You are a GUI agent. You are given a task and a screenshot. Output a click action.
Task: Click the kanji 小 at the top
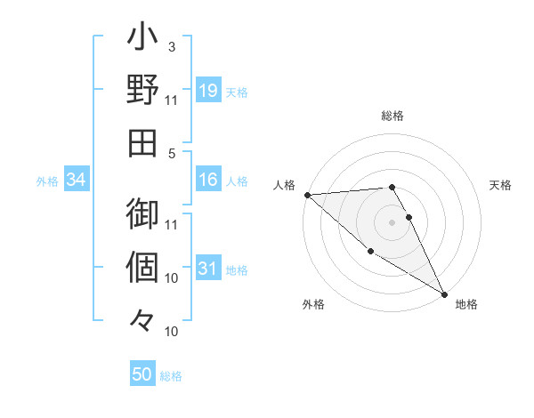click(x=142, y=40)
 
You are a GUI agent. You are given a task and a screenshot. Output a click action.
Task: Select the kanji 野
click(x=142, y=92)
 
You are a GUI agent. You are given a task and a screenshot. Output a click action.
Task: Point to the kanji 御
click(x=142, y=214)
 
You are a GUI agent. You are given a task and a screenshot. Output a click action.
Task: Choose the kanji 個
click(x=142, y=267)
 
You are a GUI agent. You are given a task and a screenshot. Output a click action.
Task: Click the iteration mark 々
click(x=142, y=319)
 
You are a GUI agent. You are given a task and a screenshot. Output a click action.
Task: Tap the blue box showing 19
click(x=207, y=90)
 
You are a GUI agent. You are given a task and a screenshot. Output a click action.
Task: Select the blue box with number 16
click(x=207, y=180)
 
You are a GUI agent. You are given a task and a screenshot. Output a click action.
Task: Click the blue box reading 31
click(x=207, y=269)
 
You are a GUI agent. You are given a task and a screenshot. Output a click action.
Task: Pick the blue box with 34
click(x=77, y=180)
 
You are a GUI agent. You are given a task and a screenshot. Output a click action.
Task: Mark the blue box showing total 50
click(x=142, y=374)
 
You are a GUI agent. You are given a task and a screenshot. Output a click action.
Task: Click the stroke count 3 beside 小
click(x=172, y=47)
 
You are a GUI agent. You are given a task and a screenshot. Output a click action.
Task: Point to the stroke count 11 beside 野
click(x=172, y=100)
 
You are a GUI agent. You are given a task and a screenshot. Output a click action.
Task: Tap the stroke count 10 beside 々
click(x=172, y=332)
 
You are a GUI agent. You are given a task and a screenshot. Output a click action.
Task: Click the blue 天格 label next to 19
click(x=237, y=92)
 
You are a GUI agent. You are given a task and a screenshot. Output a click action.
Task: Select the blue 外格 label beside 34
click(x=47, y=181)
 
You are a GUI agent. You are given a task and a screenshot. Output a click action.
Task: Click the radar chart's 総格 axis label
click(x=392, y=116)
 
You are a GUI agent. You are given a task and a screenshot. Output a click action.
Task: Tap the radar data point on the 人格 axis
click(x=306, y=194)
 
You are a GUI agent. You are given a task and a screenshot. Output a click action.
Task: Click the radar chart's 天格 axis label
click(x=501, y=185)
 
